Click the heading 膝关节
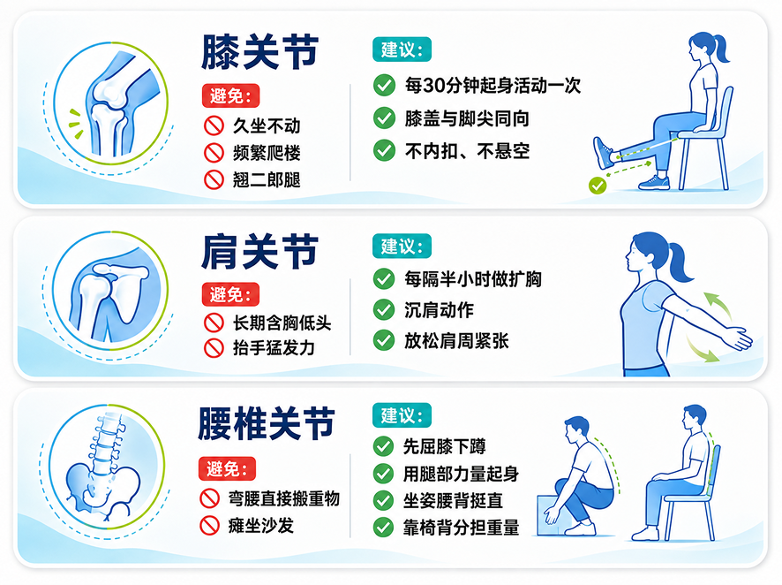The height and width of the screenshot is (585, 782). (259, 52)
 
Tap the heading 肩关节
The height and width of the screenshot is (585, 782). (259, 252)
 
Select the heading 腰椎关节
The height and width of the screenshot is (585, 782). (266, 424)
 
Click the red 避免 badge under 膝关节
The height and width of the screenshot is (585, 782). (230, 95)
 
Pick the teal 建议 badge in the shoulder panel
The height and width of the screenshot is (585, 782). (402, 247)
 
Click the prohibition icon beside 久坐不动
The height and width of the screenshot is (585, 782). (214, 125)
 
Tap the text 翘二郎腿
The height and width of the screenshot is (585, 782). (267, 179)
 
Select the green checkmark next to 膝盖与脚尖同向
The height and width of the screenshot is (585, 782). (384, 118)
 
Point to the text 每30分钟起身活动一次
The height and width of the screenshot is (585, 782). (493, 86)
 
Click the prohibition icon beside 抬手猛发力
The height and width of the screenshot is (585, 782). (214, 348)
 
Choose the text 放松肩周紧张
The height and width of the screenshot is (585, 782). (456, 341)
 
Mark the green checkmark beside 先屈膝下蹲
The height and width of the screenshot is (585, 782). (384, 446)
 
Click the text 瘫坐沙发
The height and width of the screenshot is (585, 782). (261, 525)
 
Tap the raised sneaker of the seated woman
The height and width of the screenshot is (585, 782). (604, 153)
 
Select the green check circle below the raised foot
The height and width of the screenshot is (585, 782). (598, 186)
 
